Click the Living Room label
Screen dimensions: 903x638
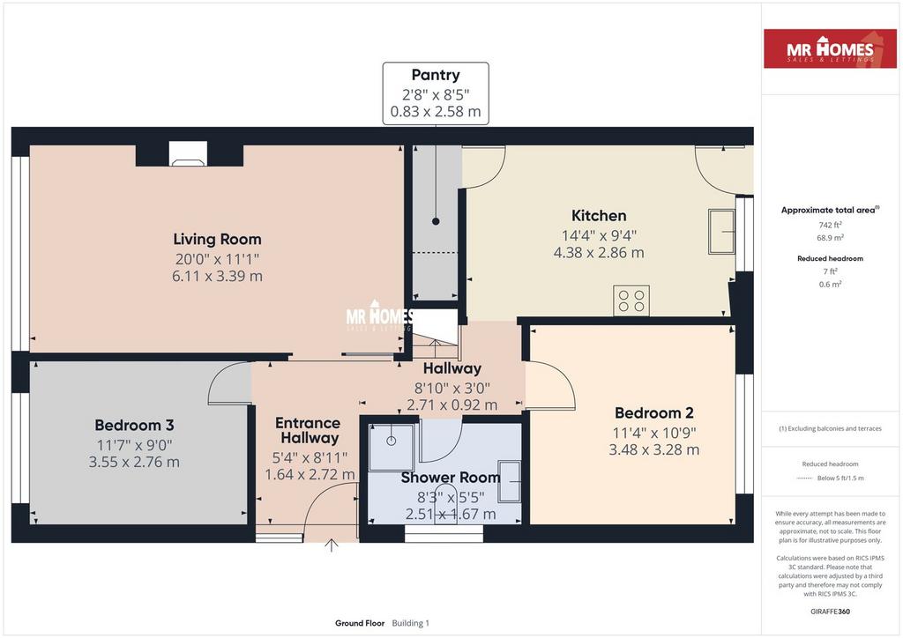217,239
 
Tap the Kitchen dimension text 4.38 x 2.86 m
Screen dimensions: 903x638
599,253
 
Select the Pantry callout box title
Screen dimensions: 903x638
436,75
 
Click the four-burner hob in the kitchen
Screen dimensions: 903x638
631,300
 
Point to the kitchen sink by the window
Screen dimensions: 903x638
721,231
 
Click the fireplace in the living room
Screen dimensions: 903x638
188,154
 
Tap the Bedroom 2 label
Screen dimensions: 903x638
653,413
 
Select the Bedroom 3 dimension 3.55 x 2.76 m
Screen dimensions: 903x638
134,462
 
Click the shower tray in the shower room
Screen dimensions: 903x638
392,448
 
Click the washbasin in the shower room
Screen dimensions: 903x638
510,481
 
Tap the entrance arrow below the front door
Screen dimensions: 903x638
331,545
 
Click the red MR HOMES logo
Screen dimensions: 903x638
830,48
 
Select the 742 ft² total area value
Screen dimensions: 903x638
830,225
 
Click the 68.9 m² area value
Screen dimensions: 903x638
830,238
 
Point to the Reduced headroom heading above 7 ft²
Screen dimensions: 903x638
830,258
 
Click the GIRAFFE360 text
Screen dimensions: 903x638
830,612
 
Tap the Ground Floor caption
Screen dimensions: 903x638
360,623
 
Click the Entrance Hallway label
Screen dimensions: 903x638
308,430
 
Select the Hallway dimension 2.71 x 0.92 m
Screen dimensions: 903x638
452,405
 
